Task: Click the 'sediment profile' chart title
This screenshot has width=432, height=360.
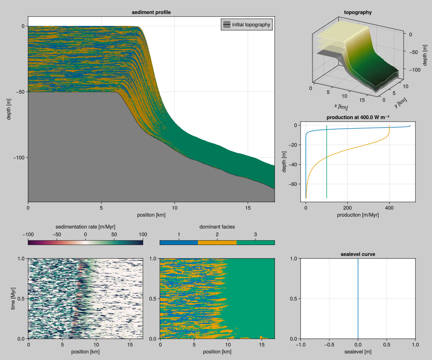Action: tap(151, 12)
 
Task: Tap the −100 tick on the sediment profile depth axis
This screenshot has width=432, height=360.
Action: tap(18, 158)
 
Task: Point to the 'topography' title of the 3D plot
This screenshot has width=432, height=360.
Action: tap(358, 12)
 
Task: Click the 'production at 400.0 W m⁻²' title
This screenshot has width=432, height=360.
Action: tap(358, 118)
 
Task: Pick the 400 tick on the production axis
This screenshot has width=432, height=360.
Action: tap(389, 208)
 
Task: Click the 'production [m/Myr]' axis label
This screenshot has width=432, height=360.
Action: tap(358, 215)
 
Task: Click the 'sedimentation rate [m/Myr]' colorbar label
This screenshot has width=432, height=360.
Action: tap(85, 227)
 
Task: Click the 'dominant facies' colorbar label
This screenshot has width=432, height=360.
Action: tap(217, 227)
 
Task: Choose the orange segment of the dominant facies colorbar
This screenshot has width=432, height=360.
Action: tap(217, 242)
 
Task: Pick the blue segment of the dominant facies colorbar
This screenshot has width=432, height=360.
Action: tap(179, 242)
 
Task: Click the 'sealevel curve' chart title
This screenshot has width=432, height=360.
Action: tap(358, 254)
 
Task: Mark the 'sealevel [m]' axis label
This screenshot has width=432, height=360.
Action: tap(358, 351)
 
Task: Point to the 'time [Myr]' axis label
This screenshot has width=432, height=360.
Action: tap(13, 298)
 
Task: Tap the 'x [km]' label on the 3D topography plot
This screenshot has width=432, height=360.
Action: tap(341, 106)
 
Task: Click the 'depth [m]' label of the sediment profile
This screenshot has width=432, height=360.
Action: tap(9, 109)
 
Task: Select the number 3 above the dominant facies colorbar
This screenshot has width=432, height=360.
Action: tap(256, 234)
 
